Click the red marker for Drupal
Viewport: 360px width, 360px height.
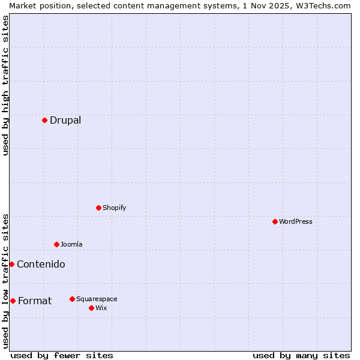44,120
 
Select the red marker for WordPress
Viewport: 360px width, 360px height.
275,221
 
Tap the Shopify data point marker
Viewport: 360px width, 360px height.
98,208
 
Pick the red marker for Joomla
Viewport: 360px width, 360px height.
56,244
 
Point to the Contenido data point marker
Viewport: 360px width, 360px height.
11,264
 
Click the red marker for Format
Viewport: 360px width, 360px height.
13,301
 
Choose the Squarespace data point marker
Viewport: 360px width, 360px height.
72,299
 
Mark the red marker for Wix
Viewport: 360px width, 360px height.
91,308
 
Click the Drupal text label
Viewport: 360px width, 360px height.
65,120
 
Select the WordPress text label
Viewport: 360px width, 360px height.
296,221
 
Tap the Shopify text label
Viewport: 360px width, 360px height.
114,208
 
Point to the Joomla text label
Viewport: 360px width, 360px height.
71,244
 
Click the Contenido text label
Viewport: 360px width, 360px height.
41,264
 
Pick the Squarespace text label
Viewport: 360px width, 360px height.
97,299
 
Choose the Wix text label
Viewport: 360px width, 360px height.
101,308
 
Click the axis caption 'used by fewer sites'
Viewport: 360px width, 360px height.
62,355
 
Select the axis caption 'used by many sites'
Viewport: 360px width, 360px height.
301,355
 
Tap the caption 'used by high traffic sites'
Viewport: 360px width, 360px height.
5,85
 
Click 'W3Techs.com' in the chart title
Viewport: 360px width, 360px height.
322,5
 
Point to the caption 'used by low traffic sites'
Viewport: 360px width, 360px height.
5,281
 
